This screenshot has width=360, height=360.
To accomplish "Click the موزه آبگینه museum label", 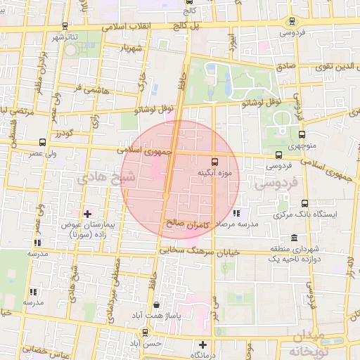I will [x=215, y=171].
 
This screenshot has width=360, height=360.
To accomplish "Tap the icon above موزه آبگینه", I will [x=214, y=160].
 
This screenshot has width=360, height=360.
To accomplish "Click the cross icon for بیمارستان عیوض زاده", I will [x=87, y=213].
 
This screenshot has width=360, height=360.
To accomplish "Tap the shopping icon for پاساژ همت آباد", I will [x=155, y=305].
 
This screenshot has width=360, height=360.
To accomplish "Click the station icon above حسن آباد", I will [x=144, y=332].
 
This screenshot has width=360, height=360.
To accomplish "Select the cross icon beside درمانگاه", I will [x=202, y=345].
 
